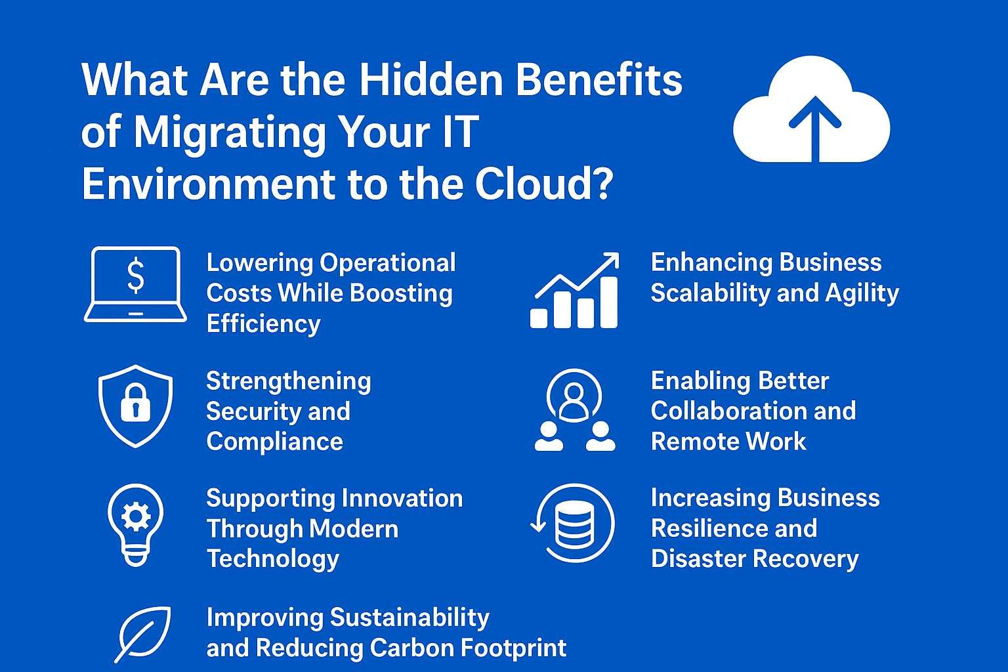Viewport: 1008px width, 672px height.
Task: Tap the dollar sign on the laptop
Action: (135, 275)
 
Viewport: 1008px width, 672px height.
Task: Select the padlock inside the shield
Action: (135, 402)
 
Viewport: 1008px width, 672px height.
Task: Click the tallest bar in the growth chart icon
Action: (609, 302)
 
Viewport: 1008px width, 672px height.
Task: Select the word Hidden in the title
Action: (430, 80)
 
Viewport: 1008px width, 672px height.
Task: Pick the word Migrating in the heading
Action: (230, 133)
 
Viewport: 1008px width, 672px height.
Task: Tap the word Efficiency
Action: (264, 324)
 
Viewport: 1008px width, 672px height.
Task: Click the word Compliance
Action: (274, 442)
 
